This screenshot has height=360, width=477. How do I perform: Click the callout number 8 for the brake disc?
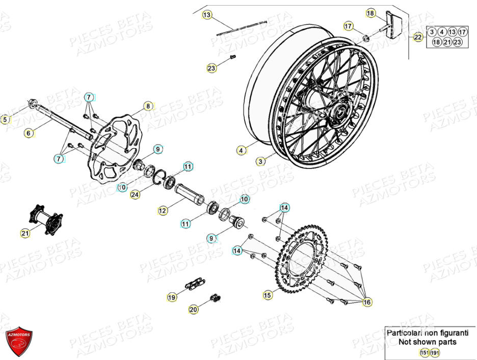click(148, 106)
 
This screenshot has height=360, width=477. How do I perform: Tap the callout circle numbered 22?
click(418, 37)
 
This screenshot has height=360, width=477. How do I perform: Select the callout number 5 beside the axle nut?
click(6, 120)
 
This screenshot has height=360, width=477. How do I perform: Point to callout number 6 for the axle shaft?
click(29, 133)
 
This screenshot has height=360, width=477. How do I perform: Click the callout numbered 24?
click(135, 193)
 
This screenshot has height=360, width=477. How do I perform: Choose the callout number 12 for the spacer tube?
click(163, 210)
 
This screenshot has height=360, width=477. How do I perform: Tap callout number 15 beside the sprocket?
click(268, 294)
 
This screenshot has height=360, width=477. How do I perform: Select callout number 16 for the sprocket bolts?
click(367, 302)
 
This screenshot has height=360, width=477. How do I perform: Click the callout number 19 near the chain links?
click(172, 297)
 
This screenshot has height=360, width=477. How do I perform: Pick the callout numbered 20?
click(193, 309)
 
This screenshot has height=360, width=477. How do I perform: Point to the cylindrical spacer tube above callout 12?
click(190, 194)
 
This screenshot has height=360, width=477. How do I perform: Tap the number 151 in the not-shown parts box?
click(424, 352)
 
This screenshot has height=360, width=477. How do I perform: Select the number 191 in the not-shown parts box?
click(435, 352)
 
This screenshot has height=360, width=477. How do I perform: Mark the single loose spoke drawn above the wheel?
click(242, 27)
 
